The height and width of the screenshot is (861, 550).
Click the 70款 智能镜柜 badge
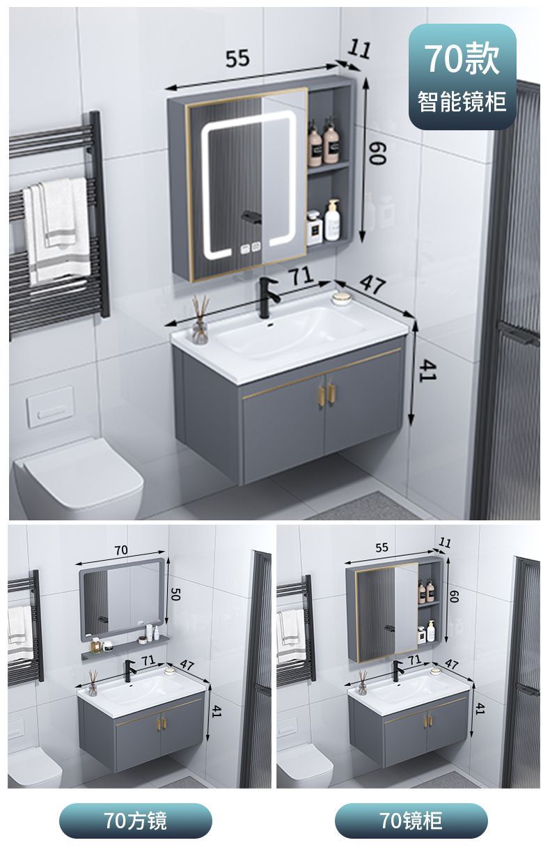coord(462,76)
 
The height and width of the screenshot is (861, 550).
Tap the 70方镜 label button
coord(136,821)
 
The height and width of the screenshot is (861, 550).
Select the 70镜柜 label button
coord(411,821)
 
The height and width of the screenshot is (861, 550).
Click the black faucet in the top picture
coord(267,297)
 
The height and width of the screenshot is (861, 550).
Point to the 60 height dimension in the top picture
coord(376,153)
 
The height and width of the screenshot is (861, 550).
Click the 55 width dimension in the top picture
coord(237,59)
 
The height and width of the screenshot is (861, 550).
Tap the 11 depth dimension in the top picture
coord(359,49)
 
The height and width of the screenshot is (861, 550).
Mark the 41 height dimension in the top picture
coord(427,370)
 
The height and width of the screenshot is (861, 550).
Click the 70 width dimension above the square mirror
coord(121,550)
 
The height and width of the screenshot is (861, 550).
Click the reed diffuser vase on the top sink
coord(200,320)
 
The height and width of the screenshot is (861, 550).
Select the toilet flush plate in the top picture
coord(50,407)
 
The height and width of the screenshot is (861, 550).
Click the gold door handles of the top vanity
coord(326,394)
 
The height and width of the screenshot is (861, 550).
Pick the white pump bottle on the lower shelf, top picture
coord(332,221)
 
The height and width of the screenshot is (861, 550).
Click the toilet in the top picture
coord(79,479)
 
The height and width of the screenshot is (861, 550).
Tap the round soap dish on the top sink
coord(341,298)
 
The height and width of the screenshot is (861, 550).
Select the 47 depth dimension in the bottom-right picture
coord(452,663)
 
